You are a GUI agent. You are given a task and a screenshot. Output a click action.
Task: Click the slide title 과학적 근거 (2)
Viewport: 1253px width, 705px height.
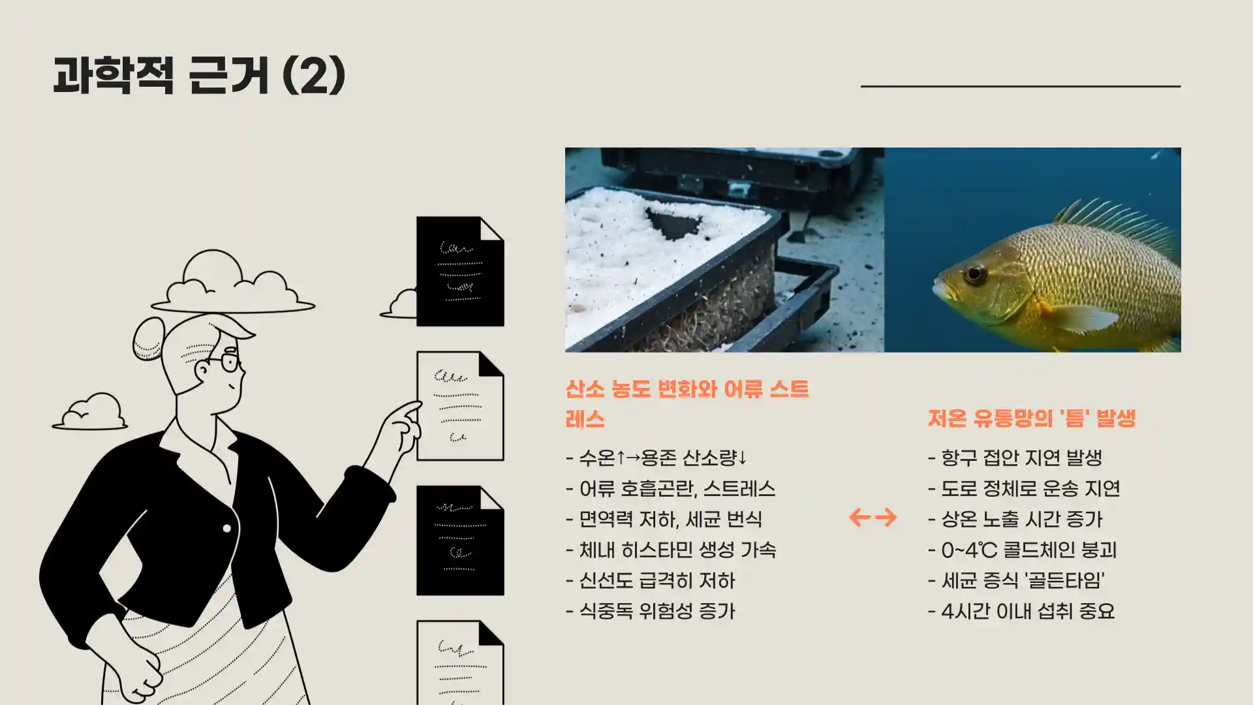(x=199, y=75)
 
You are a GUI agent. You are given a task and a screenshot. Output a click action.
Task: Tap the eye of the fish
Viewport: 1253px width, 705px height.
(x=975, y=274)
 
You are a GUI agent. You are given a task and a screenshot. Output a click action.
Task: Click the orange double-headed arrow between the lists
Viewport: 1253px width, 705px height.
(x=873, y=518)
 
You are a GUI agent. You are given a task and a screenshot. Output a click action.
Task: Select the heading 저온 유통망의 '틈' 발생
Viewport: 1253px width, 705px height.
(x=1032, y=418)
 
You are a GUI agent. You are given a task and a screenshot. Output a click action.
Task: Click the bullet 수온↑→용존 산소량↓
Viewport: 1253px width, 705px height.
(x=657, y=458)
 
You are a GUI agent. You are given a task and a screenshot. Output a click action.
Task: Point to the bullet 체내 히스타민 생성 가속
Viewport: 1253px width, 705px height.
(x=671, y=550)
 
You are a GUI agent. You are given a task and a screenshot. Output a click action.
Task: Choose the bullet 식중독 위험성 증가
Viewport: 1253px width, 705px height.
(x=651, y=611)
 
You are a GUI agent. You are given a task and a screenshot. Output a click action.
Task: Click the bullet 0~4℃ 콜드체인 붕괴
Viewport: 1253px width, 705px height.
(x=1023, y=550)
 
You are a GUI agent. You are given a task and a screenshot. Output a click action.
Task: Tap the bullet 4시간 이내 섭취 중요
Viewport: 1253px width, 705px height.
(x=1021, y=611)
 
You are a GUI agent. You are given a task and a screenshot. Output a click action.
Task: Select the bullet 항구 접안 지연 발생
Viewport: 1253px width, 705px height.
(x=1015, y=458)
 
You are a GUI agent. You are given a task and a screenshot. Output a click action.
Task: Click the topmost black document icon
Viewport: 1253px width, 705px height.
(x=460, y=272)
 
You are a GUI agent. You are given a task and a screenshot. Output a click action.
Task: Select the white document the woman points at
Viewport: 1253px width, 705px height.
(x=460, y=406)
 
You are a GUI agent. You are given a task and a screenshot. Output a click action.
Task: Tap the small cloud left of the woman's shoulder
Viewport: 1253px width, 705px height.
(x=91, y=413)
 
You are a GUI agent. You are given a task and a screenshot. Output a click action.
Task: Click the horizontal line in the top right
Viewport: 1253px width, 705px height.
(x=1020, y=86)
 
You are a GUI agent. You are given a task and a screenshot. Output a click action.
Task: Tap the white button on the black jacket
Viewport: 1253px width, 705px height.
(x=226, y=528)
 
